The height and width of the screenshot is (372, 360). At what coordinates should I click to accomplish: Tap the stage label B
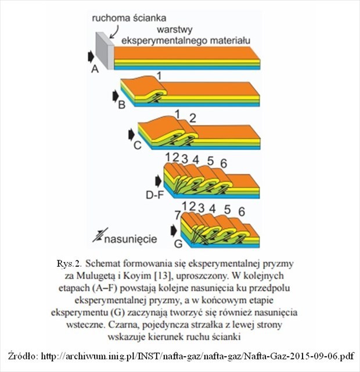click(121, 106)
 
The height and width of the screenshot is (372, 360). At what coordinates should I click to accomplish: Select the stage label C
click(137, 145)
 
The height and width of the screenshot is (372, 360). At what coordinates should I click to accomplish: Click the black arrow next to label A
click(91, 56)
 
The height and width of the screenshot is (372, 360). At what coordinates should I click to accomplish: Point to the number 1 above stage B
click(159, 76)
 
